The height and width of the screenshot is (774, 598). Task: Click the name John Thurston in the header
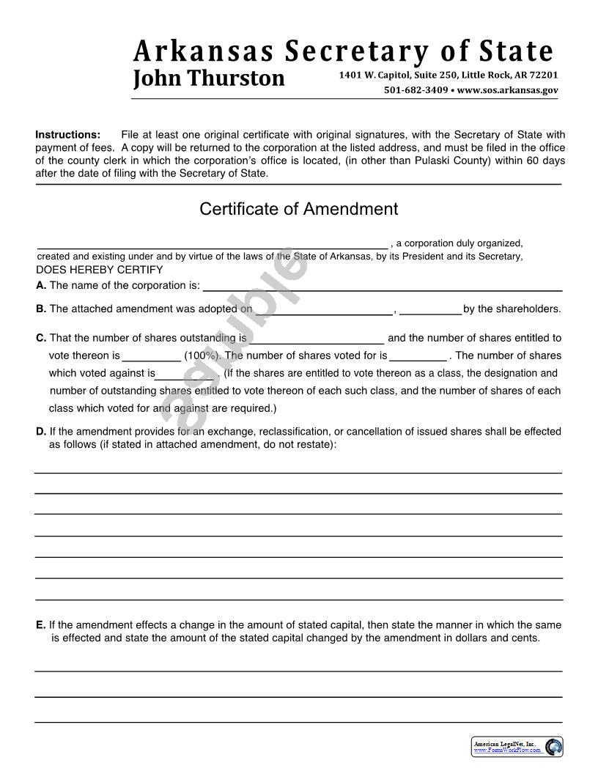pos(209,78)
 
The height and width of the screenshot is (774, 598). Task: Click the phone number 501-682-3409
pos(416,90)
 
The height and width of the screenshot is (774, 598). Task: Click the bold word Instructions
pos(68,135)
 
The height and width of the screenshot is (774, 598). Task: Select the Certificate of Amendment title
pos(298,209)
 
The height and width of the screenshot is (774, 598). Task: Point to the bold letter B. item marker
pos(41,309)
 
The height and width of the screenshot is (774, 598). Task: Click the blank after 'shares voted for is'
pos(418,355)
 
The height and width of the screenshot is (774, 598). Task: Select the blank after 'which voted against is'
pos(187,373)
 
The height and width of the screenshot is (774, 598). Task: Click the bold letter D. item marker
pos(41,432)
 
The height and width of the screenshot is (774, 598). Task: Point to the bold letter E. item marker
pos(41,625)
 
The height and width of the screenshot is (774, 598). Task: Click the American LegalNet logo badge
pos(517,747)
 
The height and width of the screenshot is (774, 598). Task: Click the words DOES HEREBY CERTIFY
pos(100,270)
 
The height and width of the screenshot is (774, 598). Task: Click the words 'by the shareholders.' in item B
pos(512,309)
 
